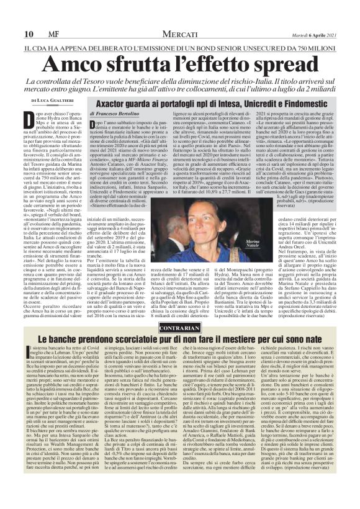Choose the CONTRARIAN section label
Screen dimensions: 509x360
pos(179,309)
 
